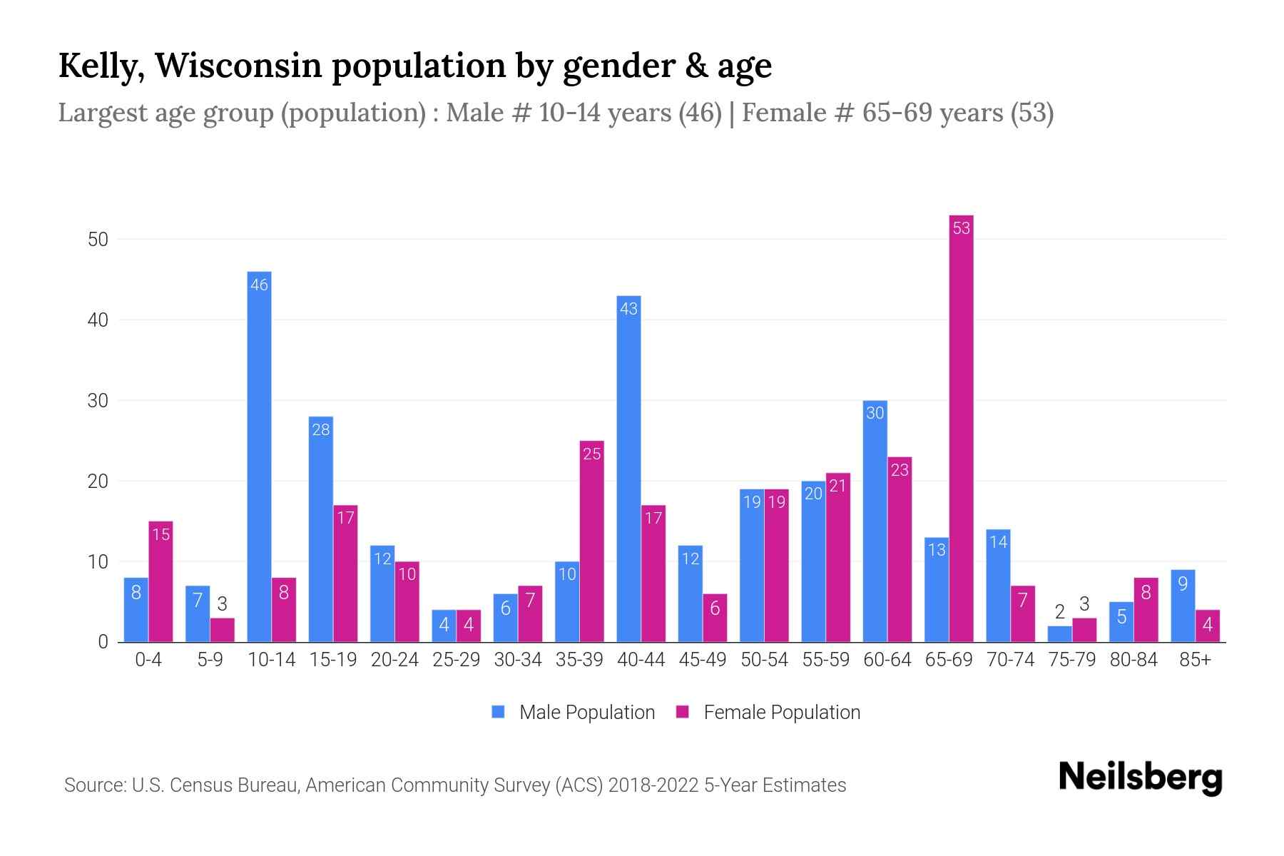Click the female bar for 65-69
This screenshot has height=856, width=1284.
tap(961, 428)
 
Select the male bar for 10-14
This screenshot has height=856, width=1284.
tap(259, 457)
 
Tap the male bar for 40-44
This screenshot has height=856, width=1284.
tap(628, 469)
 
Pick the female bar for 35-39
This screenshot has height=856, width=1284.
tap(591, 541)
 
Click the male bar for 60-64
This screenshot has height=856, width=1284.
tap(875, 521)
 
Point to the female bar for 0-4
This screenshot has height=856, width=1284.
tap(160, 581)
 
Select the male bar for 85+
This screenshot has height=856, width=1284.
tap(1183, 606)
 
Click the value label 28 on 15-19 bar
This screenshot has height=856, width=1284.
tap(321, 429)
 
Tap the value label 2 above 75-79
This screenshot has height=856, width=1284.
tap(1059, 612)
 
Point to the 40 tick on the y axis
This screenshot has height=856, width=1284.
tap(98, 320)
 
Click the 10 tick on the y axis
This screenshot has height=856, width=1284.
tap(98, 562)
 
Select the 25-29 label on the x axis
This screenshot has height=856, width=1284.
tap(456, 660)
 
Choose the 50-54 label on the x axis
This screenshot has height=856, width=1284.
tap(764, 660)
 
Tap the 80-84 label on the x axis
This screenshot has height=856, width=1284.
tap(1133, 660)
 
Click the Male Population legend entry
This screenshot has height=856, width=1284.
tap(574, 713)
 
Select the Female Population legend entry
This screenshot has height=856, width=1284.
tap(768, 713)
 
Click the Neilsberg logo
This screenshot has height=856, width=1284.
tap(1140, 777)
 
